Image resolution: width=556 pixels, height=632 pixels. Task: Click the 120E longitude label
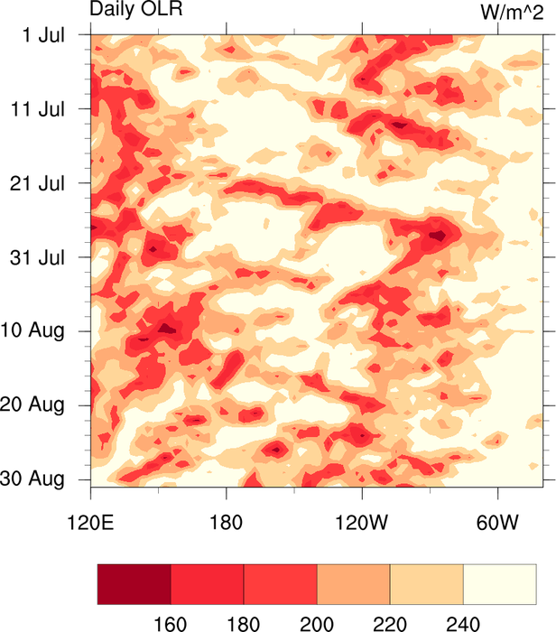90,523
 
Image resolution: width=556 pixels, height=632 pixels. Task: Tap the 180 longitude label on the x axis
226,523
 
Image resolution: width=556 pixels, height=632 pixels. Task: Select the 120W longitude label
361,523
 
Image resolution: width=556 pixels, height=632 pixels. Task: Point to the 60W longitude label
496,523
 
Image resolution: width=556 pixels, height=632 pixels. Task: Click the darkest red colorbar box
134,584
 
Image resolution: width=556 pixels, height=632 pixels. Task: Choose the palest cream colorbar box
499,584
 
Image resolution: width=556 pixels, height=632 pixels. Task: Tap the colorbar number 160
171,622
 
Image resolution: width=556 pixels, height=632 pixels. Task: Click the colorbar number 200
317,622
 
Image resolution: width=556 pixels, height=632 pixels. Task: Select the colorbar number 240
462,622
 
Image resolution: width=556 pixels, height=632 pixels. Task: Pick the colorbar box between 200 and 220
354,584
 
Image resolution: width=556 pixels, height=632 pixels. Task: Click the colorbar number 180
244,622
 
